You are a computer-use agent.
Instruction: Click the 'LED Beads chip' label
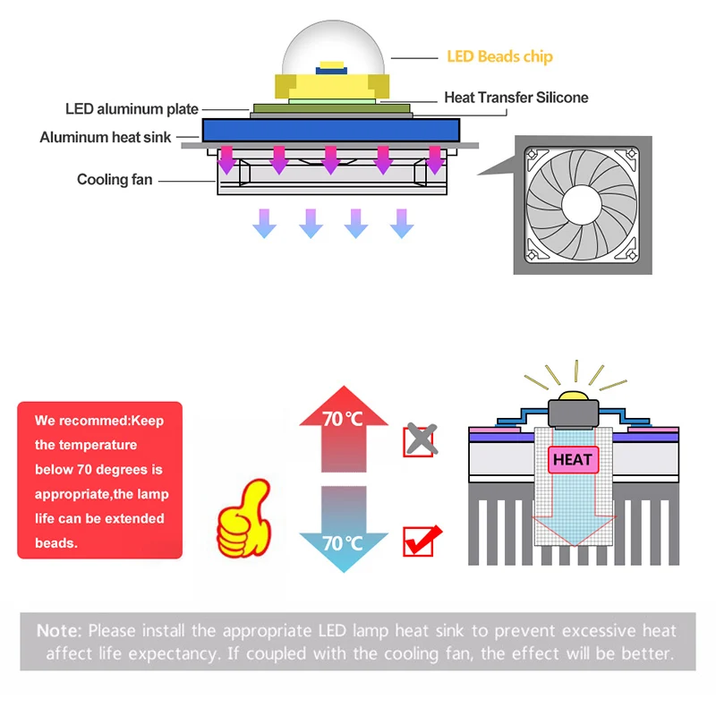499,56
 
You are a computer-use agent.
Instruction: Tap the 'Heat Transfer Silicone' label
516,98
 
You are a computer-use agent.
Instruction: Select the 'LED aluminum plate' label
132,109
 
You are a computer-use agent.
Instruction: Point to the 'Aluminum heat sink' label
105,137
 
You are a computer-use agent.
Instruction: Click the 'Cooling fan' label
115,180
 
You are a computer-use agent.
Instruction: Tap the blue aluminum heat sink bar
331,130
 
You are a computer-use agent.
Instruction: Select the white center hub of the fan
582,205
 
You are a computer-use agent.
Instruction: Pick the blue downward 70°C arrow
344,530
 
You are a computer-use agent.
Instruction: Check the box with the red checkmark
421,541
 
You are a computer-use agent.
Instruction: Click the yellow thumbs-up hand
244,519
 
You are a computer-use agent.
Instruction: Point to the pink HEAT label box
573,459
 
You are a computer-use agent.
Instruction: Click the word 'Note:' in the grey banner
59,631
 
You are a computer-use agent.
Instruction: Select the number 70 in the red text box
84,469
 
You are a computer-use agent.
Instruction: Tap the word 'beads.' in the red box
56,543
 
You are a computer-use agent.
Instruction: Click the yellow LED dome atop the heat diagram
573,396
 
